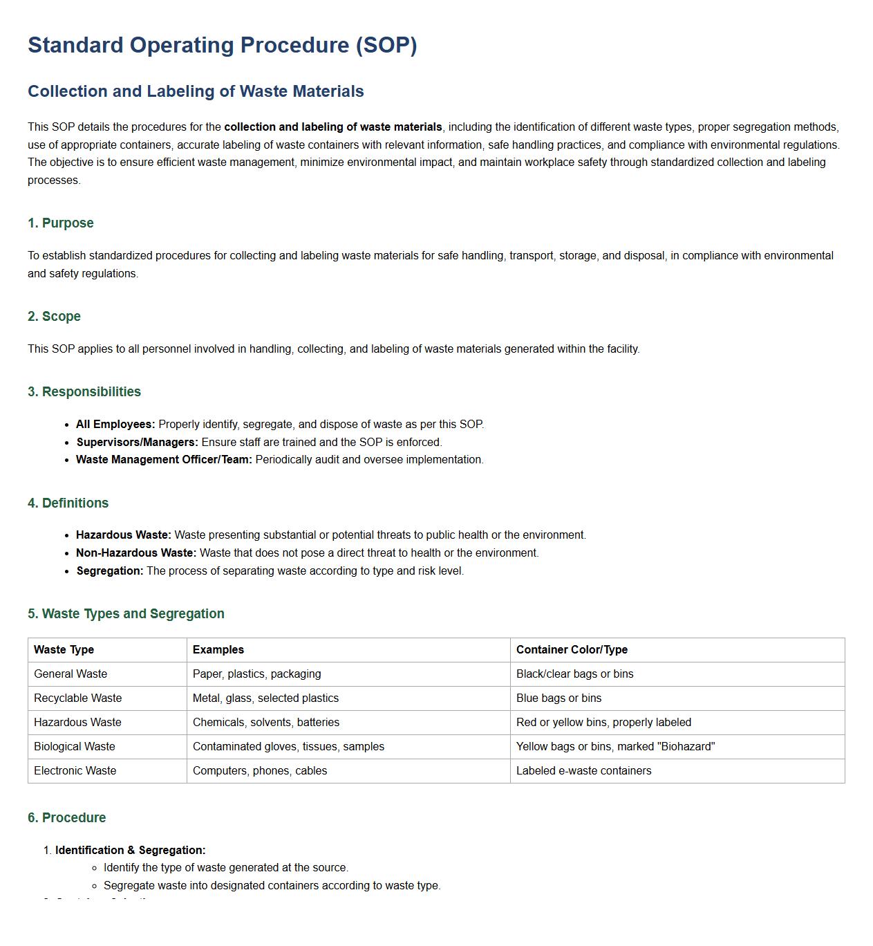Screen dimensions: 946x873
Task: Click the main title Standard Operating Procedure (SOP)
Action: click(222, 45)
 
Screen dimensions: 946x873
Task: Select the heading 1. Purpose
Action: click(60, 223)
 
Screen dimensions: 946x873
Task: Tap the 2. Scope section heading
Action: click(54, 316)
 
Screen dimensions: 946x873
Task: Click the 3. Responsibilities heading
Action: click(84, 391)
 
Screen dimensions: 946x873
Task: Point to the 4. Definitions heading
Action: click(68, 503)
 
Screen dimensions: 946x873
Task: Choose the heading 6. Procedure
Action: click(66, 817)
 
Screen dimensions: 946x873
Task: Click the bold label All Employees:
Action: click(115, 424)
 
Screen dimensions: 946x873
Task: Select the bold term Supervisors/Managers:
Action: click(137, 442)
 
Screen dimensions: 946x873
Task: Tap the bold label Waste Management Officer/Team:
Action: click(164, 459)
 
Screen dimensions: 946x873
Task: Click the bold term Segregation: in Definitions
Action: click(110, 571)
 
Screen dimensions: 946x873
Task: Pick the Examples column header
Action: click(218, 649)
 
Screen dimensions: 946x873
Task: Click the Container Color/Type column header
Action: click(572, 649)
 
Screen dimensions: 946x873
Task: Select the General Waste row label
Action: click(71, 674)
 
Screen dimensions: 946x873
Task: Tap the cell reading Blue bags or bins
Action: click(558, 698)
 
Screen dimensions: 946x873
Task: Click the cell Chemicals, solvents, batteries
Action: click(266, 722)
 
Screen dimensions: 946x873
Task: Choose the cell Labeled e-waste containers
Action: click(583, 770)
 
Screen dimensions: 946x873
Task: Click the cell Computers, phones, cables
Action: click(260, 770)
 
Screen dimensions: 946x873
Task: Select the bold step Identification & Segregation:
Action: click(130, 850)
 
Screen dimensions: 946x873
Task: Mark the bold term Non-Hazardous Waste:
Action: click(136, 553)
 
